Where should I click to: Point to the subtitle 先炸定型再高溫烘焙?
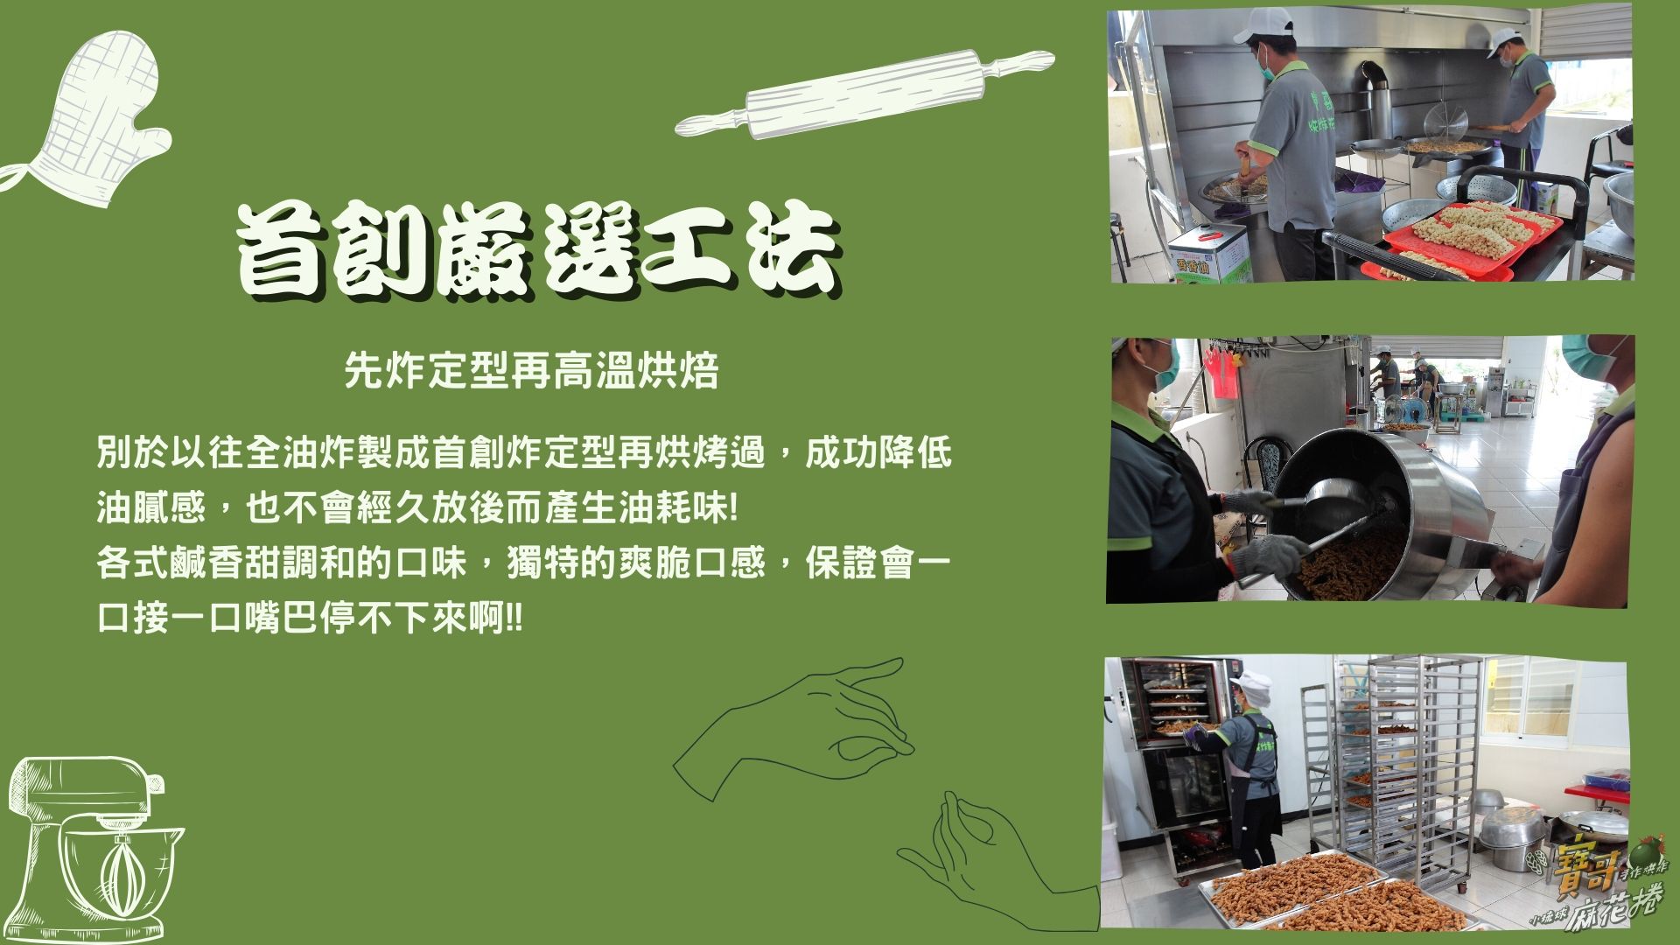pos(531,370)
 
